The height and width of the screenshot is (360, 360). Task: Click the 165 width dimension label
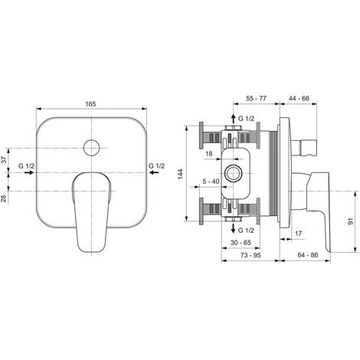pyautogui.click(x=90, y=104)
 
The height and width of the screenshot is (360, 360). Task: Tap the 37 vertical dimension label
pyautogui.click(x=4, y=160)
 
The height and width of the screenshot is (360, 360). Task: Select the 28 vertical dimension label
pyautogui.click(x=4, y=198)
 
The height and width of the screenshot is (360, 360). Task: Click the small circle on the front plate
pyautogui.click(x=91, y=148)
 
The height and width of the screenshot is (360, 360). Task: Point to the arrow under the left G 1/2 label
pyautogui.click(x=29, y=172)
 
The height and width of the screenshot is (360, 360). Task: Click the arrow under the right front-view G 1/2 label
pyautogui.click(x=154, y=172)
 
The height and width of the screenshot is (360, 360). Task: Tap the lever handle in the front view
pyautogui.click(x=91, y=212)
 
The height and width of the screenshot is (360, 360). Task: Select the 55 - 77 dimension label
pyautogui.click(x=256, y=98)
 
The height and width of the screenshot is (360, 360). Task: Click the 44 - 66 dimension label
pyautogui.click(x=299, y=98)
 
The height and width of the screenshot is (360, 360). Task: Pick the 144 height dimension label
pyautogui.click(x=181, y=174)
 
